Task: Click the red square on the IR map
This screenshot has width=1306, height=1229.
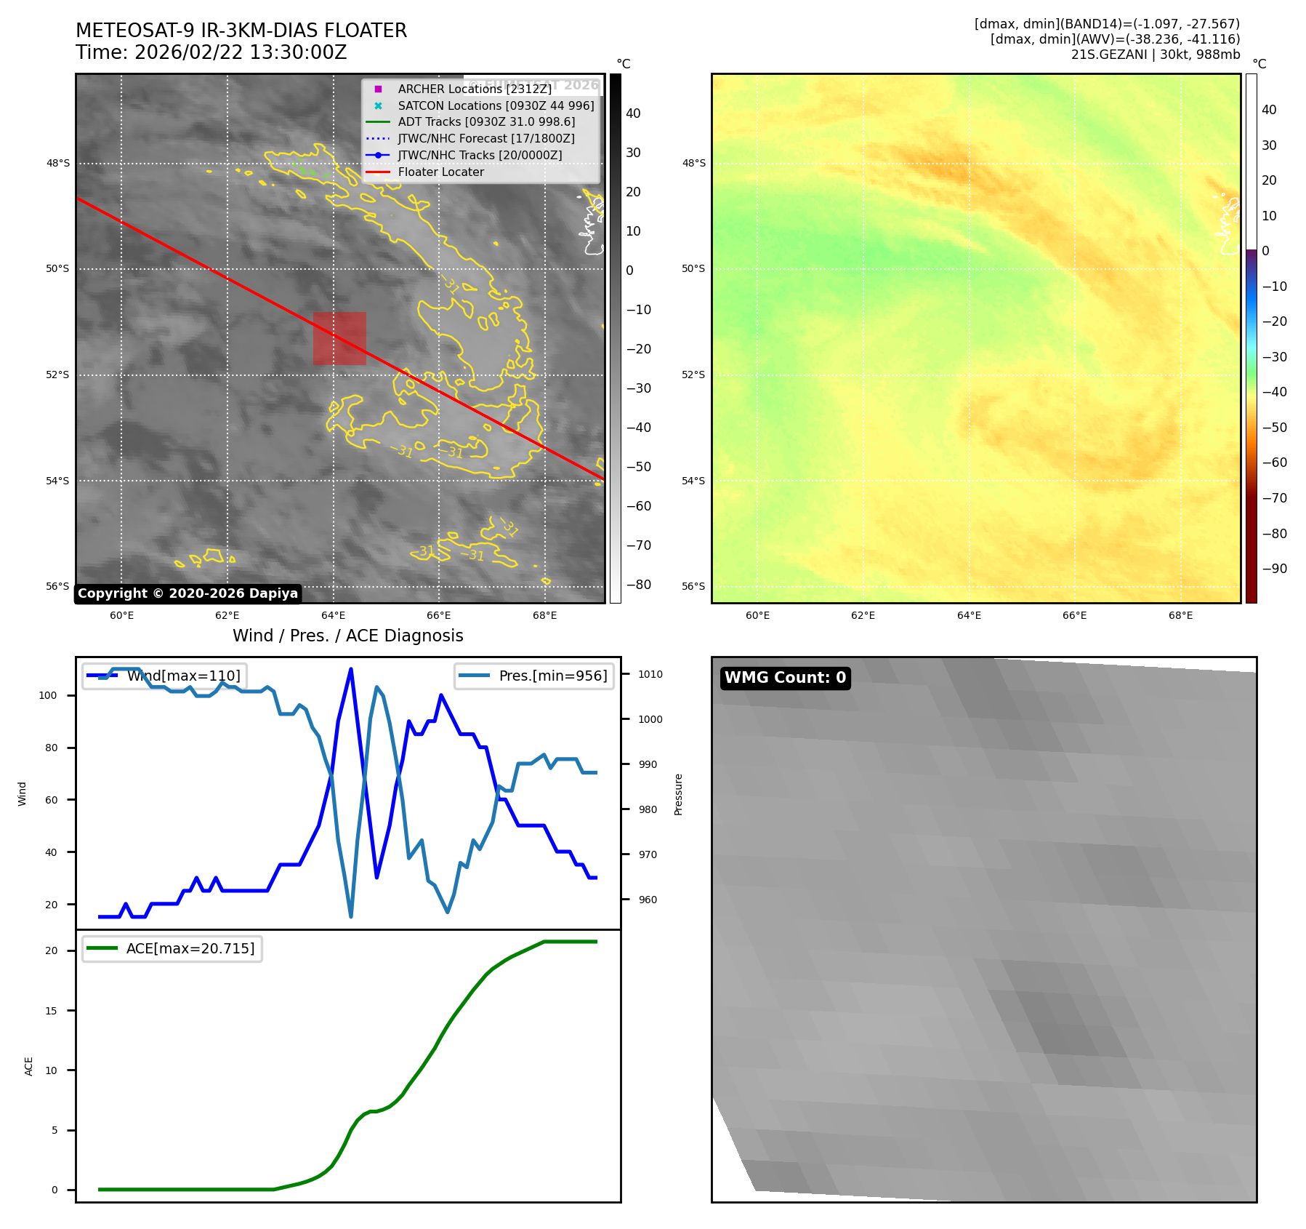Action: [x=339, y=338]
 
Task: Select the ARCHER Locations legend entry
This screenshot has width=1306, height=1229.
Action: [x=475, y=89]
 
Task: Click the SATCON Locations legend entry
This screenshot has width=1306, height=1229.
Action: [x=496, y=105]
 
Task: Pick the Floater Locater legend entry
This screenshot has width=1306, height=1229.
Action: [x=440, y=172]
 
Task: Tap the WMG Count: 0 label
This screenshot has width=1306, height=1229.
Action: [x=785, y=678]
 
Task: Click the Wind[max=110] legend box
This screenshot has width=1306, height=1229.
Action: [x=165, y=676]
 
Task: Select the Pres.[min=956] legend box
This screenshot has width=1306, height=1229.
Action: [x=534, y=676]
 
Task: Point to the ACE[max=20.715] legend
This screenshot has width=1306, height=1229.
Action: [x=172, y=948]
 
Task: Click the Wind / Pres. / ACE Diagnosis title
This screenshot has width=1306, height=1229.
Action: [x=347, y=636]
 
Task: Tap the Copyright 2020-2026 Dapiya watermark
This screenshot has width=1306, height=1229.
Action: [x=188, y=593]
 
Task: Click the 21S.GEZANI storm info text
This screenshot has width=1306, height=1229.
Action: [x=1155, y=55]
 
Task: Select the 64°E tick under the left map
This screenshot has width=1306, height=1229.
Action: [x=334, y=615]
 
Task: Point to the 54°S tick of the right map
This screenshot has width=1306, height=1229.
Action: [x=693, y=481]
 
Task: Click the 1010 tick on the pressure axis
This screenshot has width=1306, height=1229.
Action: [x=650, y=674]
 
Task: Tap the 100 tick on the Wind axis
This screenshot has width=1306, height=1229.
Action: [x=48, y=695]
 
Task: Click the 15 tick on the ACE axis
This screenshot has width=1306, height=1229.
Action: [x=51, y=1011]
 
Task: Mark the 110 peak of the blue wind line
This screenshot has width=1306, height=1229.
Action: [x=351, y=669]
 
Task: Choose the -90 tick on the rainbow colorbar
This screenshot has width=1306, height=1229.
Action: [x=1274, y=569]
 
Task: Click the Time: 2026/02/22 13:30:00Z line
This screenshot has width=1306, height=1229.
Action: [x=211, y=53]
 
